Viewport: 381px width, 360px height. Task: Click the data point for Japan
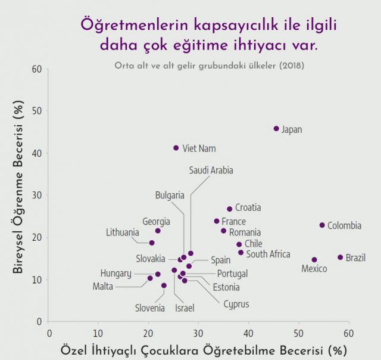[x=276, y=129]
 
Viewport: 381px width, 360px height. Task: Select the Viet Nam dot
[x=176, y=148]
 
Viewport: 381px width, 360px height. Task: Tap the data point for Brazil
[x=341, y=257]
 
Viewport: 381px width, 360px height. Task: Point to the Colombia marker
[x=322, y=225]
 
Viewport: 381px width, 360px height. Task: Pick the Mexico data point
[x=314, y=260]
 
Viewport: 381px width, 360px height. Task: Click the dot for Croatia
[x=229, y=209]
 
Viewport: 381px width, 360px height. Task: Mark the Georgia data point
[x=158, y=231]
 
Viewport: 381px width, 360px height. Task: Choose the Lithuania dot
[x=152, y=243]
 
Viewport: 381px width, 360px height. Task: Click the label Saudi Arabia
[x=211, y=170]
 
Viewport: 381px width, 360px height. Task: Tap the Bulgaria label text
[x=170, y=195]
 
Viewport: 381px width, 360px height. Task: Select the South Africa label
[x=268, y=255]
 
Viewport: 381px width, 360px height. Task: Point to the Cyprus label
[x=236, y=304]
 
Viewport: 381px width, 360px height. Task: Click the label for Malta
[x=102, y=286]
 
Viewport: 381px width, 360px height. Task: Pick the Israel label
[x=184, y=308]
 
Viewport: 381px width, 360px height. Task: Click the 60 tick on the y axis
[x=38, y=69]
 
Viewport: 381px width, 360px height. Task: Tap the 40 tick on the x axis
[x=249, y=332]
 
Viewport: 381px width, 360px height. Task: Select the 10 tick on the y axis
[x=38, y=280]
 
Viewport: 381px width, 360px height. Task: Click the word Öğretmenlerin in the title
[x=129, y=25]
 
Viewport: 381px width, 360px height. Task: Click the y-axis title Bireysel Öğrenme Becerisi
[x=17, y=186]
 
